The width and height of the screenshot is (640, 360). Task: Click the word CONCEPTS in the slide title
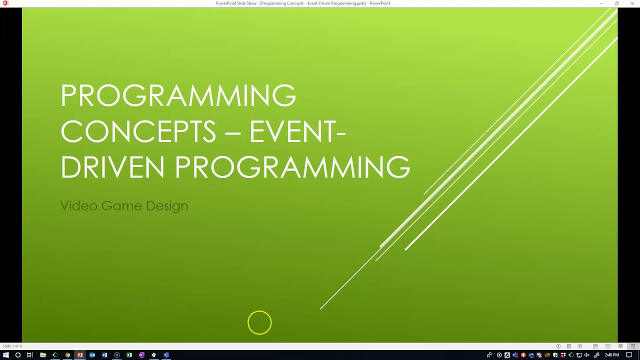point(138,131)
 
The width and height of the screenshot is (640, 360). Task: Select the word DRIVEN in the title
point(112,167)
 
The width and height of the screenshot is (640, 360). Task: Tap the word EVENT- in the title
point(297,131)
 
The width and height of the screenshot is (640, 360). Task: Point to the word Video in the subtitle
point(78,205)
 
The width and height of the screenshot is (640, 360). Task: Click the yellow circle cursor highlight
point(259,322)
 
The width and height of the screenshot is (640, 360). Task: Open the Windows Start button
point(6,355)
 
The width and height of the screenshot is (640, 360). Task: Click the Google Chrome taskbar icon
point(67,355)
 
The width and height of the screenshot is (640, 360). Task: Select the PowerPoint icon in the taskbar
point(80,355)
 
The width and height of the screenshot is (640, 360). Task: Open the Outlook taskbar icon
point(92,355)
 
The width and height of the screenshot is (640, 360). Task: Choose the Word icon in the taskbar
point(104,355)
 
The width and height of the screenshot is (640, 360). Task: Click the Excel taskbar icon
point(129,355)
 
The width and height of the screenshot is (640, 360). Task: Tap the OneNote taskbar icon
point(141,355)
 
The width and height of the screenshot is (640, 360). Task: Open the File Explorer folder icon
point(43,355)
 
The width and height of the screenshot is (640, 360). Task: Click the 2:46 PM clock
point(612,355)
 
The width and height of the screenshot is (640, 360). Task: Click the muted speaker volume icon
point(587,355)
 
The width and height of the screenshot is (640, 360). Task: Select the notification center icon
point(629,355)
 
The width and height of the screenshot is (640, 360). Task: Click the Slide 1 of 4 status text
point(12,346)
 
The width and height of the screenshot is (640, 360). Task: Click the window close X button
point(632,3)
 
